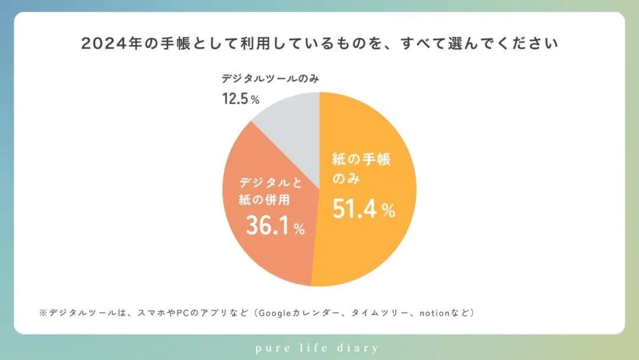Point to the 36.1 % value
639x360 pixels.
[x=275, y=227]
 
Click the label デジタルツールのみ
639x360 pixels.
[x=271, y=79]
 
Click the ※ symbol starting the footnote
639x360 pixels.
[x=42, y=312]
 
